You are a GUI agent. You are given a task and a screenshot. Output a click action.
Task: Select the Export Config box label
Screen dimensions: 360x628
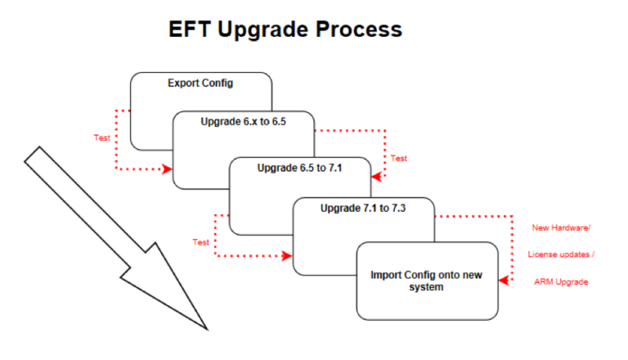click(200, 83)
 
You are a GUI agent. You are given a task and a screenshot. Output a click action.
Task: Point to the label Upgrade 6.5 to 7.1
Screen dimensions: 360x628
click(299, 168)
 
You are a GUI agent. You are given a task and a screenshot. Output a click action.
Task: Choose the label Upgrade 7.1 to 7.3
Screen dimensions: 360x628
click(363, 208)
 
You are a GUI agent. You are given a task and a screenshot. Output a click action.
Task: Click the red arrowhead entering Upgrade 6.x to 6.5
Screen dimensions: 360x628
click(168, 169)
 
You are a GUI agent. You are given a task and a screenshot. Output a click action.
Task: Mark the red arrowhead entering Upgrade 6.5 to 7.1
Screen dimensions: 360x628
click(376, 177)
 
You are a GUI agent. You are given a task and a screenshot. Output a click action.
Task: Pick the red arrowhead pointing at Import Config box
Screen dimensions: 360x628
click(504, 281)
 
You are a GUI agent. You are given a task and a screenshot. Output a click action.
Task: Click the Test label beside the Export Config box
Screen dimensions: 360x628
click(101, 137)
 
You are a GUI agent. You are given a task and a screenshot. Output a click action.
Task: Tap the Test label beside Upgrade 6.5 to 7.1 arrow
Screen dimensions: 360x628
click(398, 158)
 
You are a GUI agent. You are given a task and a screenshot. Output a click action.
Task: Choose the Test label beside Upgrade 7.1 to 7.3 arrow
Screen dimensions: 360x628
click(200, 242)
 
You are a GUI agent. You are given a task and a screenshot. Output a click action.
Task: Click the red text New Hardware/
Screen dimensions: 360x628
click(561, 227)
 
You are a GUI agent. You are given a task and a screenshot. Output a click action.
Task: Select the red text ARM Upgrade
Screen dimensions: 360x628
click(561, 281)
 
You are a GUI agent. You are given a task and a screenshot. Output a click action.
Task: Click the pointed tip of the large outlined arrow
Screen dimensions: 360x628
click(206, 329)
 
